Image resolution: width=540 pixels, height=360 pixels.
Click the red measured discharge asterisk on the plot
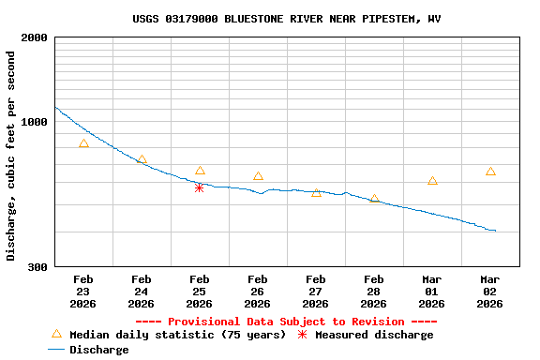tap(199, 187)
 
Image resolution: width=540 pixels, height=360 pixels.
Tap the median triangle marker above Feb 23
tap(83, 143)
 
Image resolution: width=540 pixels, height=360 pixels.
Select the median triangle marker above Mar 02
tap(490, 172)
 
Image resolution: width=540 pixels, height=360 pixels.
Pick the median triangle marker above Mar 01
tap(432, 181)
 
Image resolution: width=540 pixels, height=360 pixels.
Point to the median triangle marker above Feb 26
tap(258, 176)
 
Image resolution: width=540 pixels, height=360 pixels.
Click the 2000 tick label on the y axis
tap(36, 38)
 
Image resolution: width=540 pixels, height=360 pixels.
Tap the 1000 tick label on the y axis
tap(36, 122)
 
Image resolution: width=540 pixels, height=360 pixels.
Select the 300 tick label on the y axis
tap(38, 267)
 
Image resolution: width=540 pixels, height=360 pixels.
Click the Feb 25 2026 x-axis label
tap(199, 292)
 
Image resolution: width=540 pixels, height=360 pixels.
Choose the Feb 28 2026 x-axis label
tap(373, 292)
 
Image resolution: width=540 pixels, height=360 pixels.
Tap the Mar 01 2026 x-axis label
tap(431, 292)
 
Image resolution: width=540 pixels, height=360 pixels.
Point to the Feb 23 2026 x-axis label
tap(82, 292)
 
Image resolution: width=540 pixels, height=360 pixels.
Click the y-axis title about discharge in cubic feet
tap(12, 156)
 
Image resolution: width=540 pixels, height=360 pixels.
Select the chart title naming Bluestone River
tap(286, 19)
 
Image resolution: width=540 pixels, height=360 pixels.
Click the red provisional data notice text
tap(286, 322)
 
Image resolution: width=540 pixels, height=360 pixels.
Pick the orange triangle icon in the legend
tap(56, 334)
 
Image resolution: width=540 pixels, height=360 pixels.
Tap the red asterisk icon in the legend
tap(302, 335)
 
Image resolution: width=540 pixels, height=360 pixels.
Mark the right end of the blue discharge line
tap(495, 231)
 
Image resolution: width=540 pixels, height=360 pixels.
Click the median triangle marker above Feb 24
tap(142, 160)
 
